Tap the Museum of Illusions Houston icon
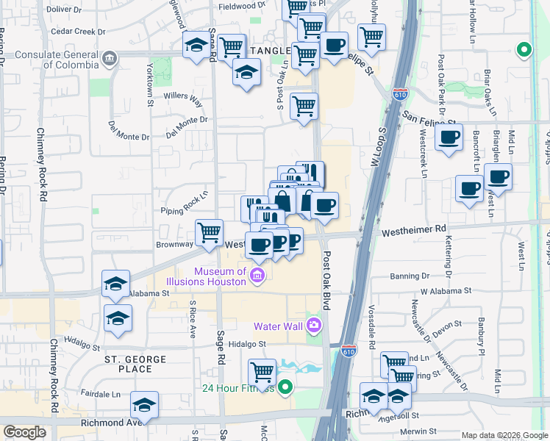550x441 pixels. point(257,276)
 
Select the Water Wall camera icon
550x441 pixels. point(315,323)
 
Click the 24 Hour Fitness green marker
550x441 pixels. point(286,387)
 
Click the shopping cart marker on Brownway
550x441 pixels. point(210,232)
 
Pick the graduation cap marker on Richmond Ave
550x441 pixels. point(144,405)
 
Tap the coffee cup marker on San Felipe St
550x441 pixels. point(448,137)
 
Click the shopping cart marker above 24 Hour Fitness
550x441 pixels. point(262,372)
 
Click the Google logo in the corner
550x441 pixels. point(24,432)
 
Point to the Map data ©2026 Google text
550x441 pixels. point(504,435)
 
